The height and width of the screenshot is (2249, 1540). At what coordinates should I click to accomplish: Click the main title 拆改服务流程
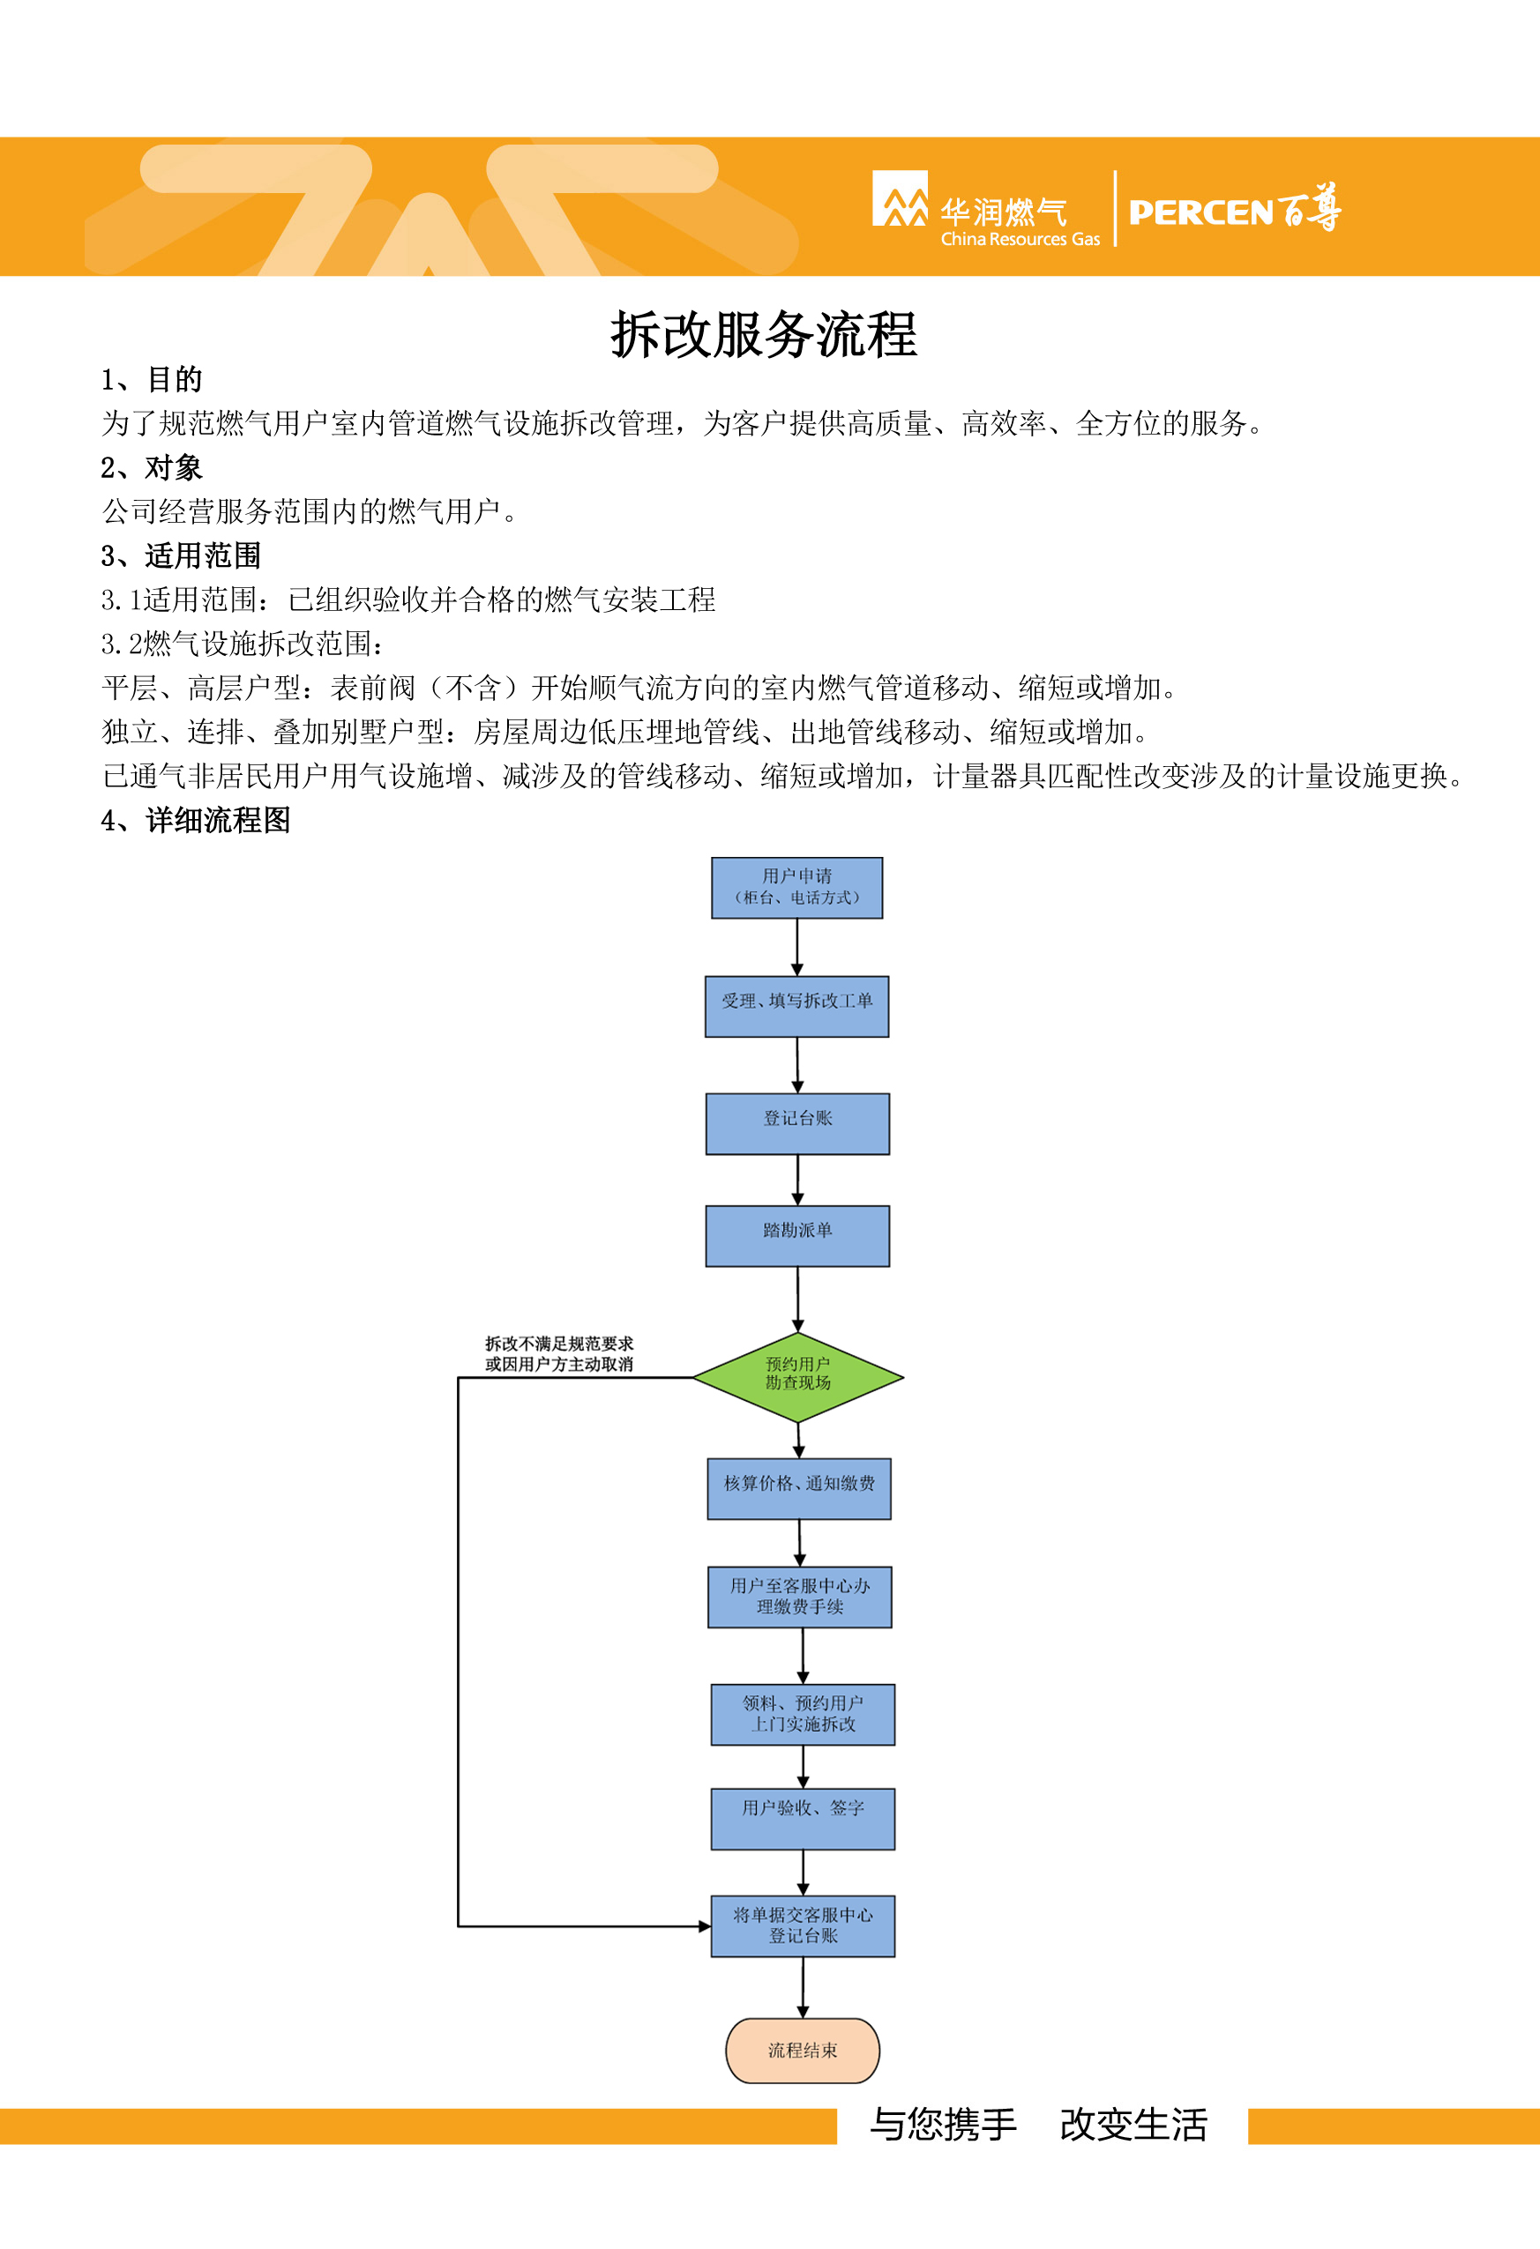click(x=764, y=335)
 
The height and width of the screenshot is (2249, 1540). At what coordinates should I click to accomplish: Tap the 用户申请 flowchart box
click(x=796, y=888)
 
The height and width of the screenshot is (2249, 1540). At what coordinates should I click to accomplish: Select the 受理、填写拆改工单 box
click(x=796, y=1007)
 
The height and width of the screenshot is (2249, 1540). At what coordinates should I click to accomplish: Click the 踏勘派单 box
click(x=797, y=1236)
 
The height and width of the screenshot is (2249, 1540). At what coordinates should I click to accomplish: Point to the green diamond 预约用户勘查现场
click(x=797, y=1376)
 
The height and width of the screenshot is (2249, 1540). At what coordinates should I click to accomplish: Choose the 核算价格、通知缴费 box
click(x=798, y=1488)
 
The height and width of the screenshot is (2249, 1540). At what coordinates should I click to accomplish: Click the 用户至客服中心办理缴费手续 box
click(x=799, y=1597)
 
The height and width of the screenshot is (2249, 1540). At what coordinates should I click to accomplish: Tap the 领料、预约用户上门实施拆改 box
click(x=803, y=1714)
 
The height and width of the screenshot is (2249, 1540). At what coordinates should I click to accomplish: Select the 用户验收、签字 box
click(x=803, y=1819)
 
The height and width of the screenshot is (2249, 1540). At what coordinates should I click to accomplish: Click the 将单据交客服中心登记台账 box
click(x=803, y=1925)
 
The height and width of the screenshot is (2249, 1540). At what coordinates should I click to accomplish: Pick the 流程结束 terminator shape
click(x=803, y=2050)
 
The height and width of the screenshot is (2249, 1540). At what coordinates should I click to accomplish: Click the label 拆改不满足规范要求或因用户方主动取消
click(x=559, y=1354)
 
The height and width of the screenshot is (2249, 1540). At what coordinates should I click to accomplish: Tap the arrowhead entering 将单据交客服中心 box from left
click(x=706, y=1925)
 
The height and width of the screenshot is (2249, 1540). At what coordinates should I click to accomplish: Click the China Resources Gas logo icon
click(x=901, y=198)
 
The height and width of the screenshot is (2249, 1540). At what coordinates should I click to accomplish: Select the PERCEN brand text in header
click(x=1200, y=212)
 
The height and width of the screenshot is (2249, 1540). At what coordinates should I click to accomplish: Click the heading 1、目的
click(x=152, y=379)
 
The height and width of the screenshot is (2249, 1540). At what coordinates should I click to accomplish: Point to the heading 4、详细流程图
click(x=196, y=820)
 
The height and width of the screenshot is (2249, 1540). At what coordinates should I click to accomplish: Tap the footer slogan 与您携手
click(x=944, y=2124)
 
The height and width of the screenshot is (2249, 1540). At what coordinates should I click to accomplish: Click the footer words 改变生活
click(x=1133, y=2124)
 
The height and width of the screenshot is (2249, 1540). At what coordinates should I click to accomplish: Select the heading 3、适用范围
click(x=181, y=555)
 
